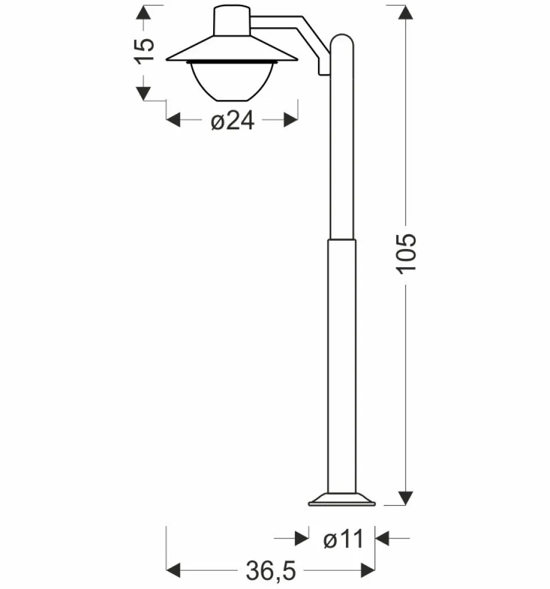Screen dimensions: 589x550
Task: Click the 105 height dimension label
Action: (407, 252)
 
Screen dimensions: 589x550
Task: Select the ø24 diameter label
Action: (232, 120)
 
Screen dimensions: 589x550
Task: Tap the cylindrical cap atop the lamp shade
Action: (231, 22)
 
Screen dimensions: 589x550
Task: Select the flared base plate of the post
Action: (341, 499)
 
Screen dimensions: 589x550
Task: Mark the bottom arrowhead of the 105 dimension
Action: (405, 498)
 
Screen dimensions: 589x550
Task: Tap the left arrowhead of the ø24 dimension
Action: (173, 120)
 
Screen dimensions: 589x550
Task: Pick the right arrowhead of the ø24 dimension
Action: (291, 120)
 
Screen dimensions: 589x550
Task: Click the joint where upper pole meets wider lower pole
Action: (342, 239)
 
